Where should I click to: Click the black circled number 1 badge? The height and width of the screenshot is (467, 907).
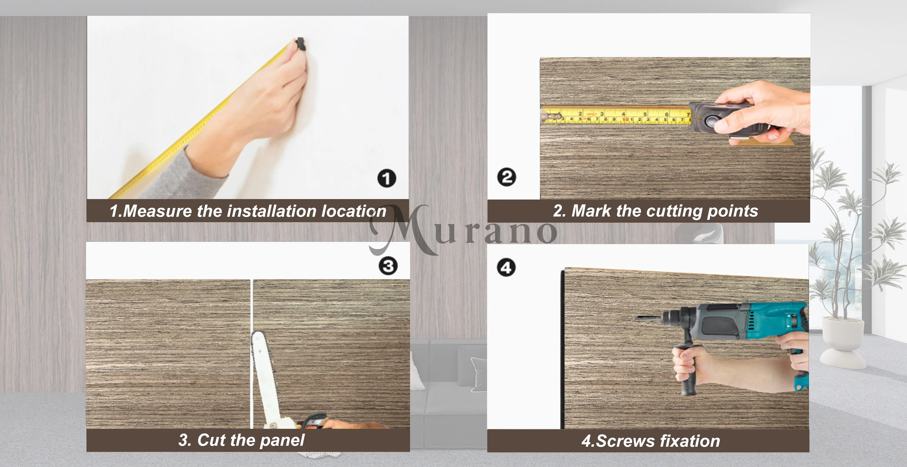point(387,178)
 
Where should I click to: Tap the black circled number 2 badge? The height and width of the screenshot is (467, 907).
point(507,177)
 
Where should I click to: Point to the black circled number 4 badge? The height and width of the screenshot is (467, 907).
point(506,268)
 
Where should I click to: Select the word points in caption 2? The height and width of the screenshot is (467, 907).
point(732,211)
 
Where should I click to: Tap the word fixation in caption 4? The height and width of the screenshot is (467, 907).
point(690,441)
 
